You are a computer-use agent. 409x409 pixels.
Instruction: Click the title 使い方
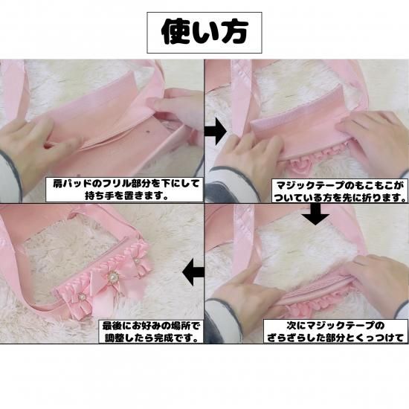pos(204,32)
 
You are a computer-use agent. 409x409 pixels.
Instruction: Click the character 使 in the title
pos(175,32)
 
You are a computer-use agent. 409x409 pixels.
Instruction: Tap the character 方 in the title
pos(234,32)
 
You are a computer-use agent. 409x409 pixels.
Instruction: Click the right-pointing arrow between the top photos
pos(215,132)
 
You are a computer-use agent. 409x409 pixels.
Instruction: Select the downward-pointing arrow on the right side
pos(315,214)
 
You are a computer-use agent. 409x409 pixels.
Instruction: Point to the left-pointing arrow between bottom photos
pos(193,273)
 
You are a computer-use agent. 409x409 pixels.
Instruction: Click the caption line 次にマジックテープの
pos(335,325)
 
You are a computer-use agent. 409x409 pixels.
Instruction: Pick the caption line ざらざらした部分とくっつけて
pos(335,338)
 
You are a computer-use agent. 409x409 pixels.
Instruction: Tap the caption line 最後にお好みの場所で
pos(151,326)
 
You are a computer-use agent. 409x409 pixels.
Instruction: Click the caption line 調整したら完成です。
pos(151,338)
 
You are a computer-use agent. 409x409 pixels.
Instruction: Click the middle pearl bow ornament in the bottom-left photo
pos(113,277)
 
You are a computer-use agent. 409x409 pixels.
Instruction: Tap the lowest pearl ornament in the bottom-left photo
pos(82,297)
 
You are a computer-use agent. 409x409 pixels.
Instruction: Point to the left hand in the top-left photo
pos(34,146)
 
